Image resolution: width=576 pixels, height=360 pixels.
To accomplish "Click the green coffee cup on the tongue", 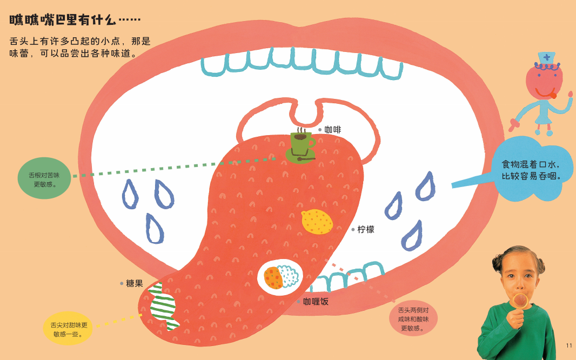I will click(x=300, y=143).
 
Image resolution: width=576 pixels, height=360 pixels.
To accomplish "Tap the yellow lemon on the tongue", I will click(x=317, y=222).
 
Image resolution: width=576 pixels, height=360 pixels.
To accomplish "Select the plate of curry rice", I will click(x=280, y=277).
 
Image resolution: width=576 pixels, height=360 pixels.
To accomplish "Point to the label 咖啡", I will click(x=333, y=130).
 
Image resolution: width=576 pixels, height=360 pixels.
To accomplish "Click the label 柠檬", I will click(x=366, y=229).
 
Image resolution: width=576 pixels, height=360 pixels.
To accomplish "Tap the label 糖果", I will click(x=135, y=283).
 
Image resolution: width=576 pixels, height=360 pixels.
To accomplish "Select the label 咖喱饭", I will click(x=316, y=302).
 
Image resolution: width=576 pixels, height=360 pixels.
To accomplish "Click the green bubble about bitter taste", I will click(x=44, y=178).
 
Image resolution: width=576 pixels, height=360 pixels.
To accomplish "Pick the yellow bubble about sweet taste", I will click(x=69, y=329).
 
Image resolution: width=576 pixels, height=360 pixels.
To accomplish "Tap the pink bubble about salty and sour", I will click(x=413, y=318).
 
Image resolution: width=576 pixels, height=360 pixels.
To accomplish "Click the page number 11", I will click(x=568, y=345).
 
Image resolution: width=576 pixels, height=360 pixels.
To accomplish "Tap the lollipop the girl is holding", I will click(x=521, y=300).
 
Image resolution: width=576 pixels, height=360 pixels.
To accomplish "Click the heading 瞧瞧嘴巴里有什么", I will click(x=76, y=21).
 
